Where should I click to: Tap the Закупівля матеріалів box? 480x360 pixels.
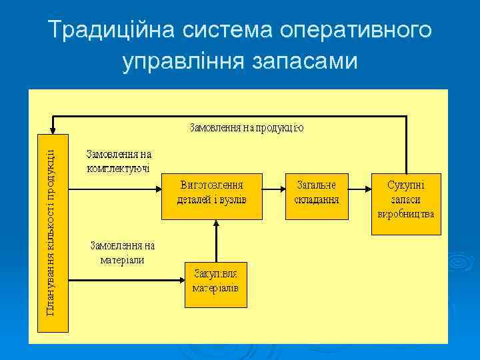point(215,283)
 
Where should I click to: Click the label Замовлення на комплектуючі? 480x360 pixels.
point(119,161)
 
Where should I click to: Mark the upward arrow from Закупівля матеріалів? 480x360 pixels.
point(215,240)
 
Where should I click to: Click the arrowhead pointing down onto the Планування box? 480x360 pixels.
point(52,131)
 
